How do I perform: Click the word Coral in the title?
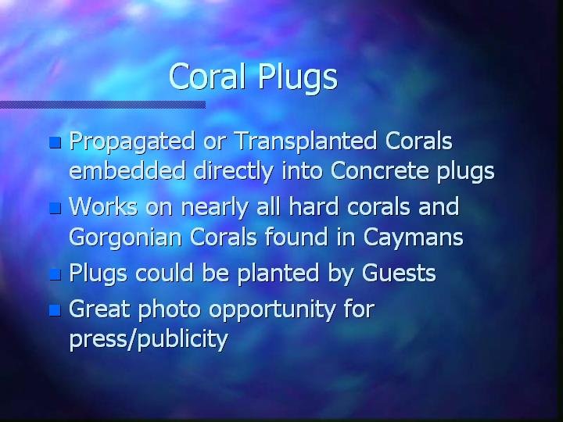tap(207, 76)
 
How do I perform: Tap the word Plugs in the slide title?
tap(298, 78)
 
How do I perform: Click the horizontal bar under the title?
tap(102, 105)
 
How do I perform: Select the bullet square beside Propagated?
tap(55, 142)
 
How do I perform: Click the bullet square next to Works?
tap(55, 208)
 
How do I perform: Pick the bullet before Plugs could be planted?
tap(55, 274)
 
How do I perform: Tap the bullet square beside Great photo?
tap(55, 310)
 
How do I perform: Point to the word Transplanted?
tap(306, 142)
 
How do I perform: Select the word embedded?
tap(127, 170)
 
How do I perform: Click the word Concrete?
tap(380, 171)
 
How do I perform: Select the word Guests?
tap(399, 273)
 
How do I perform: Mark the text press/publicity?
tap(149, 338)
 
